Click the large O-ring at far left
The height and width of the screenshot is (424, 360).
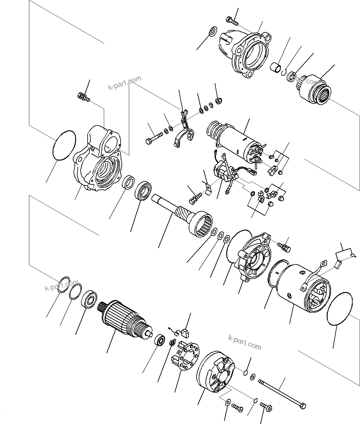pyautogui.click(x=64, y=145)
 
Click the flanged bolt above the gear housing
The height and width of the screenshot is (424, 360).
pyautogui.click(x=83, y=97)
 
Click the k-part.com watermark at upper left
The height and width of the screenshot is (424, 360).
pyautogui.click(x=125, y=83)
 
